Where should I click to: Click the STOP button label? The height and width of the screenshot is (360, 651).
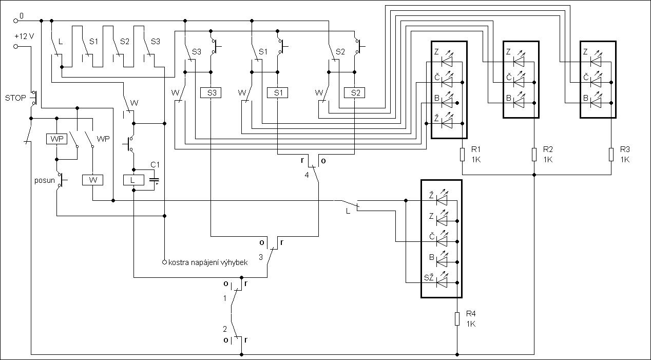15,98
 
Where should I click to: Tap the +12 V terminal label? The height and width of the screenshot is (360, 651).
24,36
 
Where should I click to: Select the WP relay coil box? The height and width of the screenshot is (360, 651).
56,139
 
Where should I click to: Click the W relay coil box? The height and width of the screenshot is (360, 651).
93,180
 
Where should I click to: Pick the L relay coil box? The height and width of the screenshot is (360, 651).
133,180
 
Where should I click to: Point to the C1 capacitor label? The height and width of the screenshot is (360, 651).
155,164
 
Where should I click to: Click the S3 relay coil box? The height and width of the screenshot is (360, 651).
210,93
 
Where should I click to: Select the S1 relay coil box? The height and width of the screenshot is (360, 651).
278,93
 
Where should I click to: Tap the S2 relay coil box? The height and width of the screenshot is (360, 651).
355,93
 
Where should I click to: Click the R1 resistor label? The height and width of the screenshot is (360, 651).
476,149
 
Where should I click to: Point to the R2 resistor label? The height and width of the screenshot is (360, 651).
548,149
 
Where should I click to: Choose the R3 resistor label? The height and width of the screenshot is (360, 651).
625,149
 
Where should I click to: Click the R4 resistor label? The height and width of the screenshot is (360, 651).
471,314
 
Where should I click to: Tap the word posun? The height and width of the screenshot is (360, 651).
45,180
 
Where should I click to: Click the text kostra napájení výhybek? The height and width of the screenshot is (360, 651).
208,262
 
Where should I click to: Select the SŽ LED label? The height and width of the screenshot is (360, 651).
429,277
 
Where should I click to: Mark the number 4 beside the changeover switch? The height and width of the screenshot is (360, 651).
307,175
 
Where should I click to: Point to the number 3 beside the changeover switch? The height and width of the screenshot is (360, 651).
261,257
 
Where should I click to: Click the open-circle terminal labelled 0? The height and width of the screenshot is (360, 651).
16,21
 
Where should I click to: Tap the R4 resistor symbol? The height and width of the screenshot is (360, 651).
457,319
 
